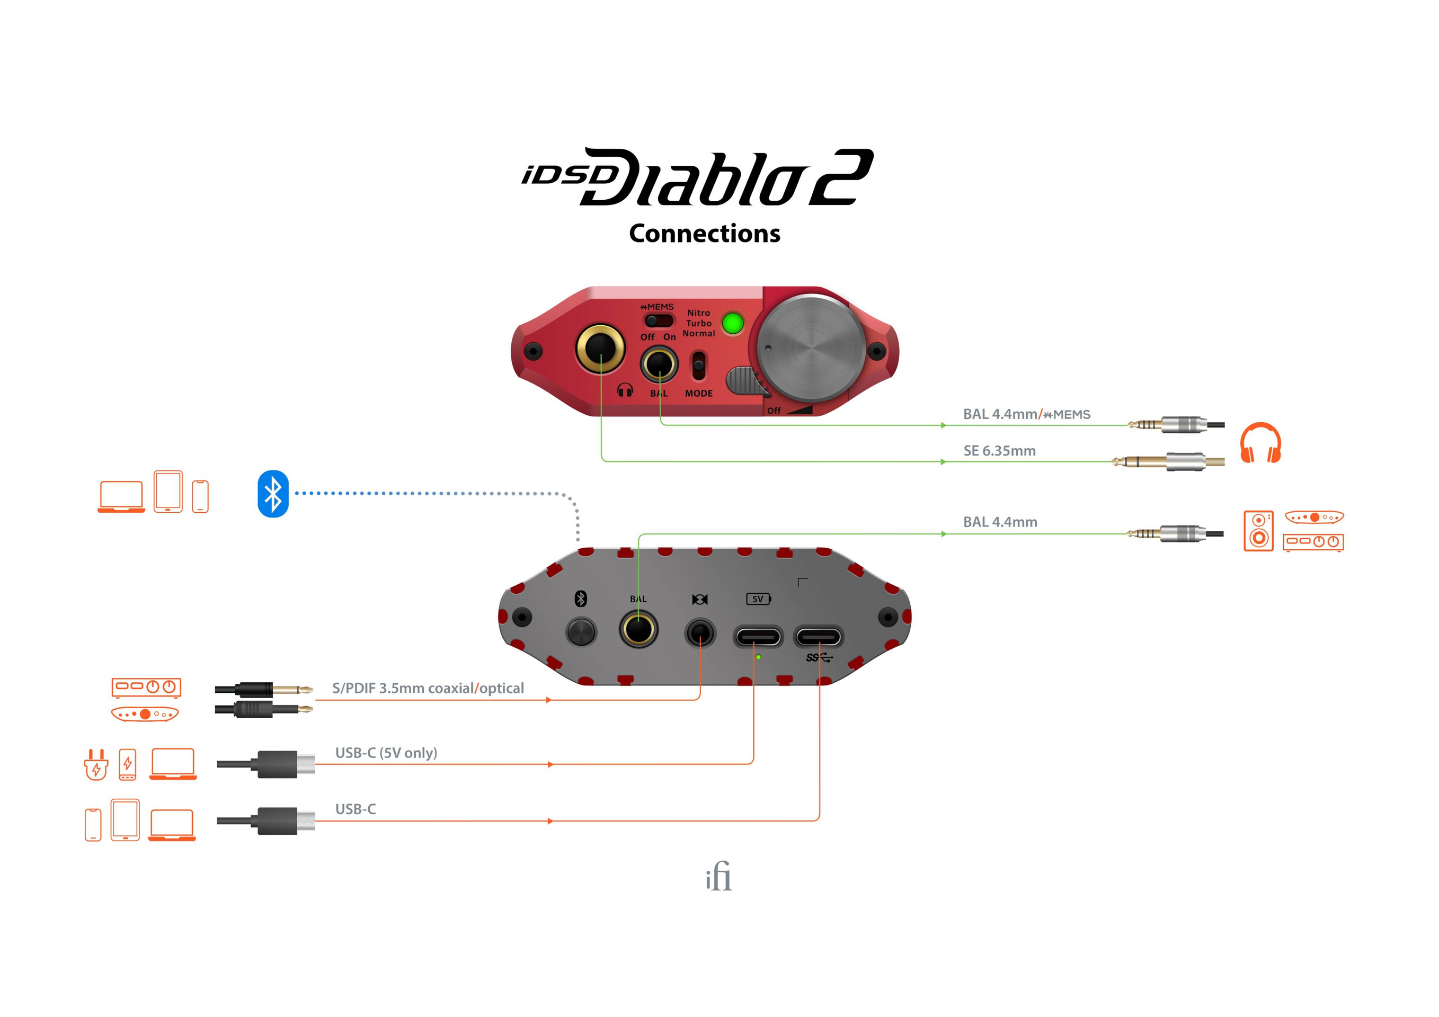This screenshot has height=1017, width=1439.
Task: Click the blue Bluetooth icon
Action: [x=273, y=494]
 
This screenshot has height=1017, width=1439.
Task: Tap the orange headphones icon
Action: [x=1260, y=443]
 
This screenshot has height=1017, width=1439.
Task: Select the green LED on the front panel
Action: [x=732, y=323]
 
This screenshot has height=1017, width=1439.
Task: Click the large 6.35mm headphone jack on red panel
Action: [x=600, y=349]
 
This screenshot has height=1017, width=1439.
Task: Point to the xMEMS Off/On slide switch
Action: [x=658, y=321]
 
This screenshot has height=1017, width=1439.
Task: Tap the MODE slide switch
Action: [x=698, y=366]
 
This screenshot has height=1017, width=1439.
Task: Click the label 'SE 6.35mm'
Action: [x=999, y=451]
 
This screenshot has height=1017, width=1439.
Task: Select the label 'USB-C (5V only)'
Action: [x=386, y=753]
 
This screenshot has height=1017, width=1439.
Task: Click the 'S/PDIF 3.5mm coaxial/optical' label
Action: [x=428, y=688]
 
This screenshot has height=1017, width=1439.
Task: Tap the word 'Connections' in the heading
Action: [x=705, y=234]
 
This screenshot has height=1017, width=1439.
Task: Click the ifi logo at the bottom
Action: [x=718, y=877]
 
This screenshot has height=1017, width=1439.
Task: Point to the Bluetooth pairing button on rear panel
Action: [x=581, y=631]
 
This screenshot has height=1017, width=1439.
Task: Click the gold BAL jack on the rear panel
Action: [x=638, y=630]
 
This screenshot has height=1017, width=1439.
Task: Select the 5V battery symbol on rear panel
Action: [x=758, y=599]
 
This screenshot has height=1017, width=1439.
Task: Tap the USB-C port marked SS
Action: [x=819, y=637]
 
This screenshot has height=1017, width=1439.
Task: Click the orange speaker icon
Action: [x=1258, y=531]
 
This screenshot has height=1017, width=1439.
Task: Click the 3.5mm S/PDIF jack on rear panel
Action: [x=699, y=633]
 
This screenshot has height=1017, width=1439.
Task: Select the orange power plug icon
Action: [x=96, y=764]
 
